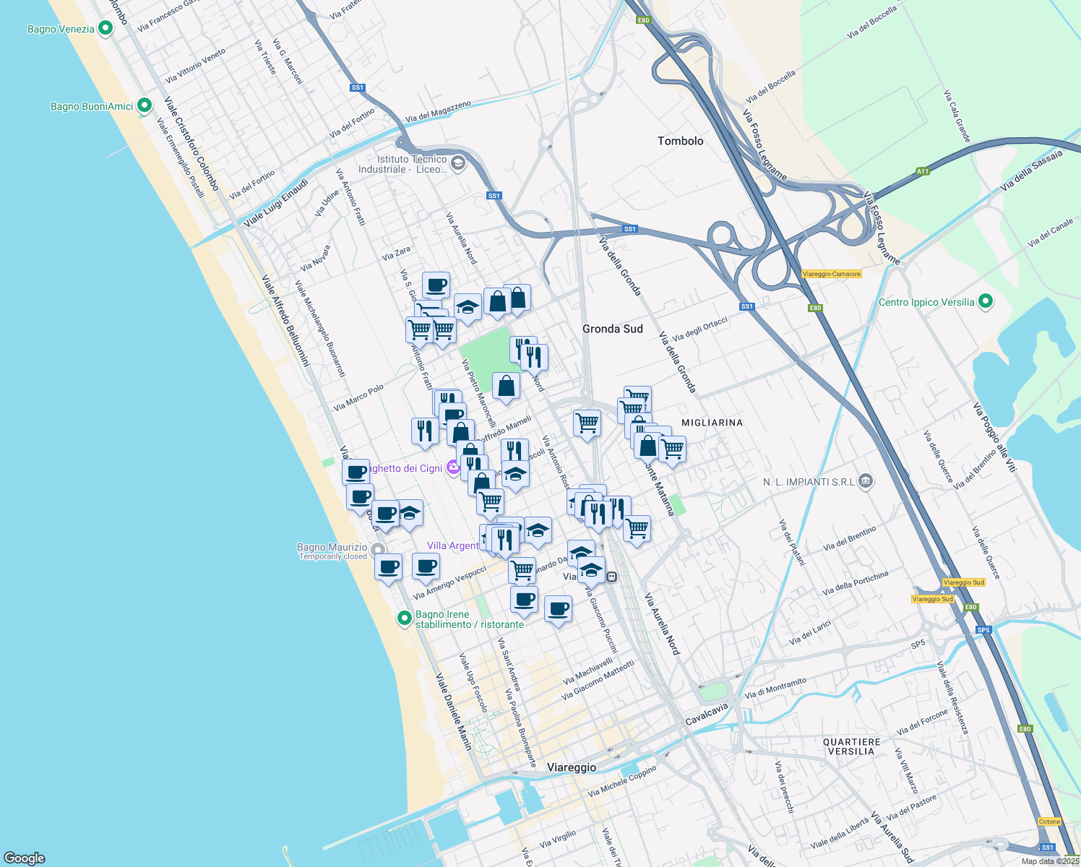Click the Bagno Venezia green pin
click(105, 29)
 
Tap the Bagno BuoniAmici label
click(92, 106)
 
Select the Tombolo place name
click(680, 141)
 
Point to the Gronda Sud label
click(612, 329)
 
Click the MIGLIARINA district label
click(712, 423)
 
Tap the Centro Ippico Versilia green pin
click(986, 302)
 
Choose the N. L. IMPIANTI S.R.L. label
click(809, 482)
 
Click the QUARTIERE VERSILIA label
click(851, 747)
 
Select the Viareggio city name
click(572, 767)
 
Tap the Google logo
click(24, 858)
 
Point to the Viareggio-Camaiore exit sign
click(831, 274)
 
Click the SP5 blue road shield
click(983, 630)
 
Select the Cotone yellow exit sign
click(1049, 821)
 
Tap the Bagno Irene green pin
click(405, 618)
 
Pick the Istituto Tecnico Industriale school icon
click(457, 164)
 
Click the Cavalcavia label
click(707, 715)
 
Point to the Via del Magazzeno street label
click(438, 111)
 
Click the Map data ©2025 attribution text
click(1049, 861)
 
